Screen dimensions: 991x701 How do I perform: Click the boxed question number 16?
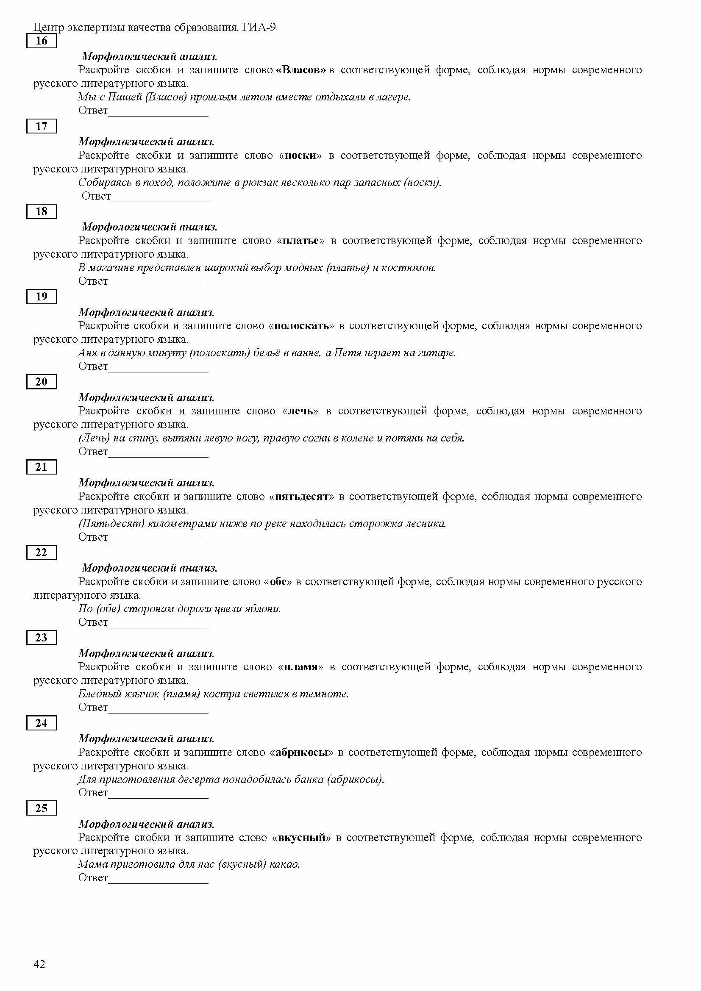coord(42,41)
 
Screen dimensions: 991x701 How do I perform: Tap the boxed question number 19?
coord(42,297)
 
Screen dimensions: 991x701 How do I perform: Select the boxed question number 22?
coord(42,552)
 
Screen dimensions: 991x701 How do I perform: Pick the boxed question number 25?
coord(42,808)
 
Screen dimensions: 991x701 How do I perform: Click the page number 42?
coord(39,964)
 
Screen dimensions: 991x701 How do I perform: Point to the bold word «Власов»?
coord(301,70)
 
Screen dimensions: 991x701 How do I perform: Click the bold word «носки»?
coord(300,155)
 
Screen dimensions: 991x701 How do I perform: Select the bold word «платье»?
coord(300,240)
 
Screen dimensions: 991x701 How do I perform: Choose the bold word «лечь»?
coord(300,411)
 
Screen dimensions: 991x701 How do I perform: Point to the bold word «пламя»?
coord(300,667)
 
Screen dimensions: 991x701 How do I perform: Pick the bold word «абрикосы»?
coord(301,752)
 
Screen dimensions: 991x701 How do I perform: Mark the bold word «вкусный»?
coord(301,837)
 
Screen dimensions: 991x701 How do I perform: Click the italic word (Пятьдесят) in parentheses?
coord(111,524)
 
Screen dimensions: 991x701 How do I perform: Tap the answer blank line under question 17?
coord(161,200)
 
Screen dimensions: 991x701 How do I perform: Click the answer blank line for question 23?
coord(158,712)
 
